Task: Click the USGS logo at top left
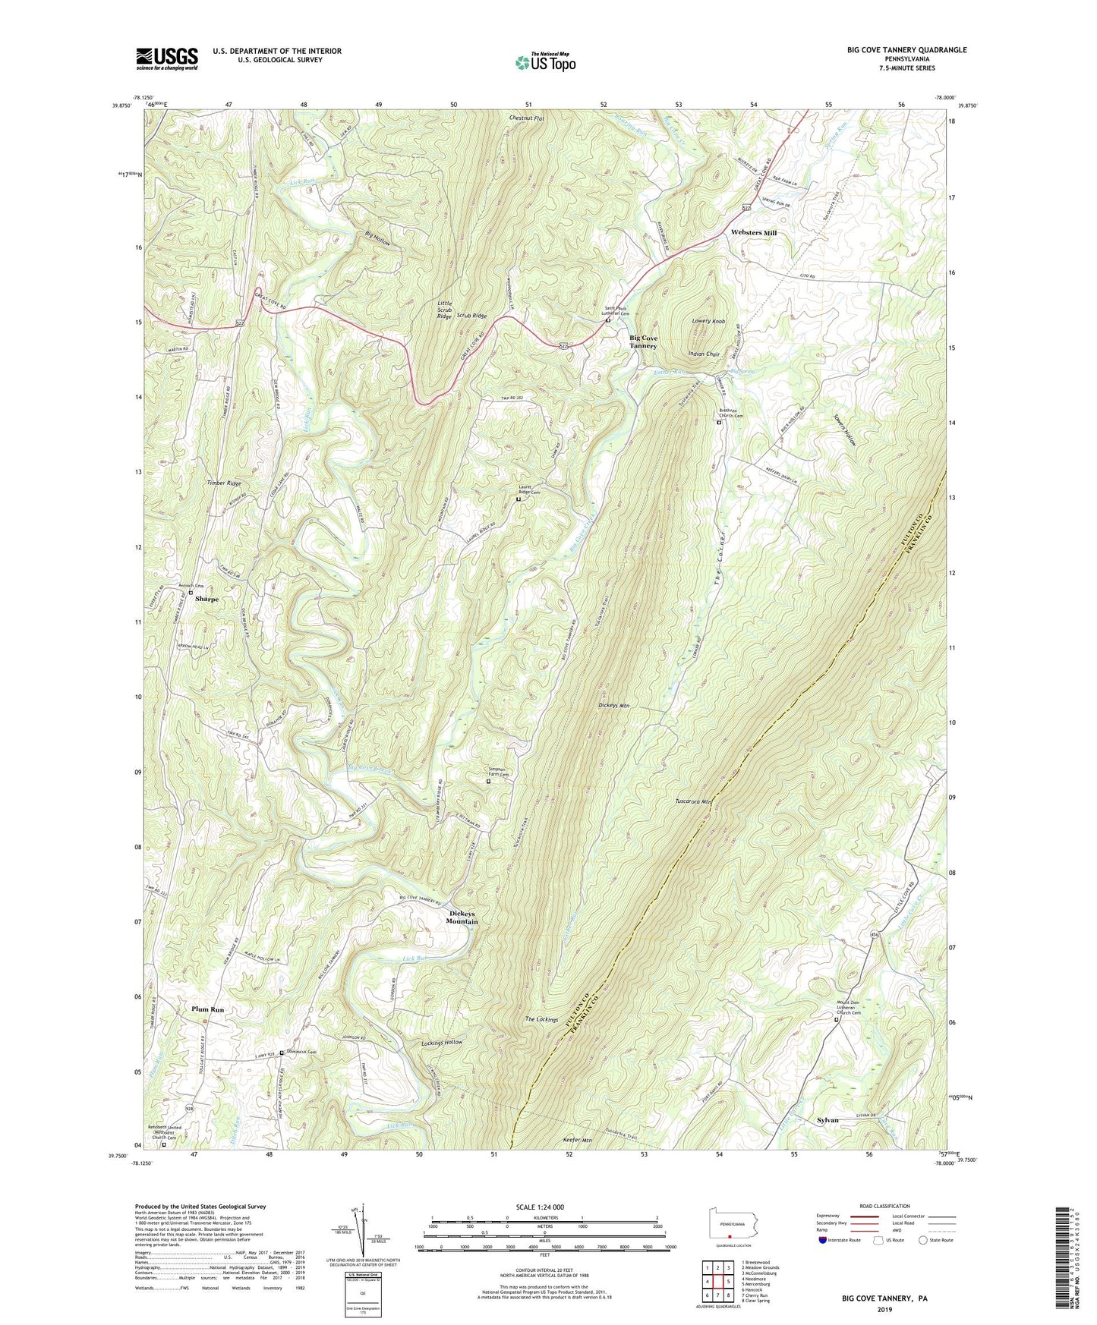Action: point(167,58)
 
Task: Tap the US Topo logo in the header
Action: point(545,61)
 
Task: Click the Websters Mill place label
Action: point(753,233)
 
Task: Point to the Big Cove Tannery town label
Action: point(643,341)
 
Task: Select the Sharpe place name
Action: point(206,599)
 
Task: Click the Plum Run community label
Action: point(208,1009)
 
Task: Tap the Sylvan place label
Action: point(827,1120)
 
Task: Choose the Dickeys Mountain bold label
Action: point(462,917)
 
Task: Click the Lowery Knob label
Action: point(708,321)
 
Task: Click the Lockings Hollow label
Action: point(442,1043)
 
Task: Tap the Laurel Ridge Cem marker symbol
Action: point(519,499)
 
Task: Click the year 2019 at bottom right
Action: point(884,1309)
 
